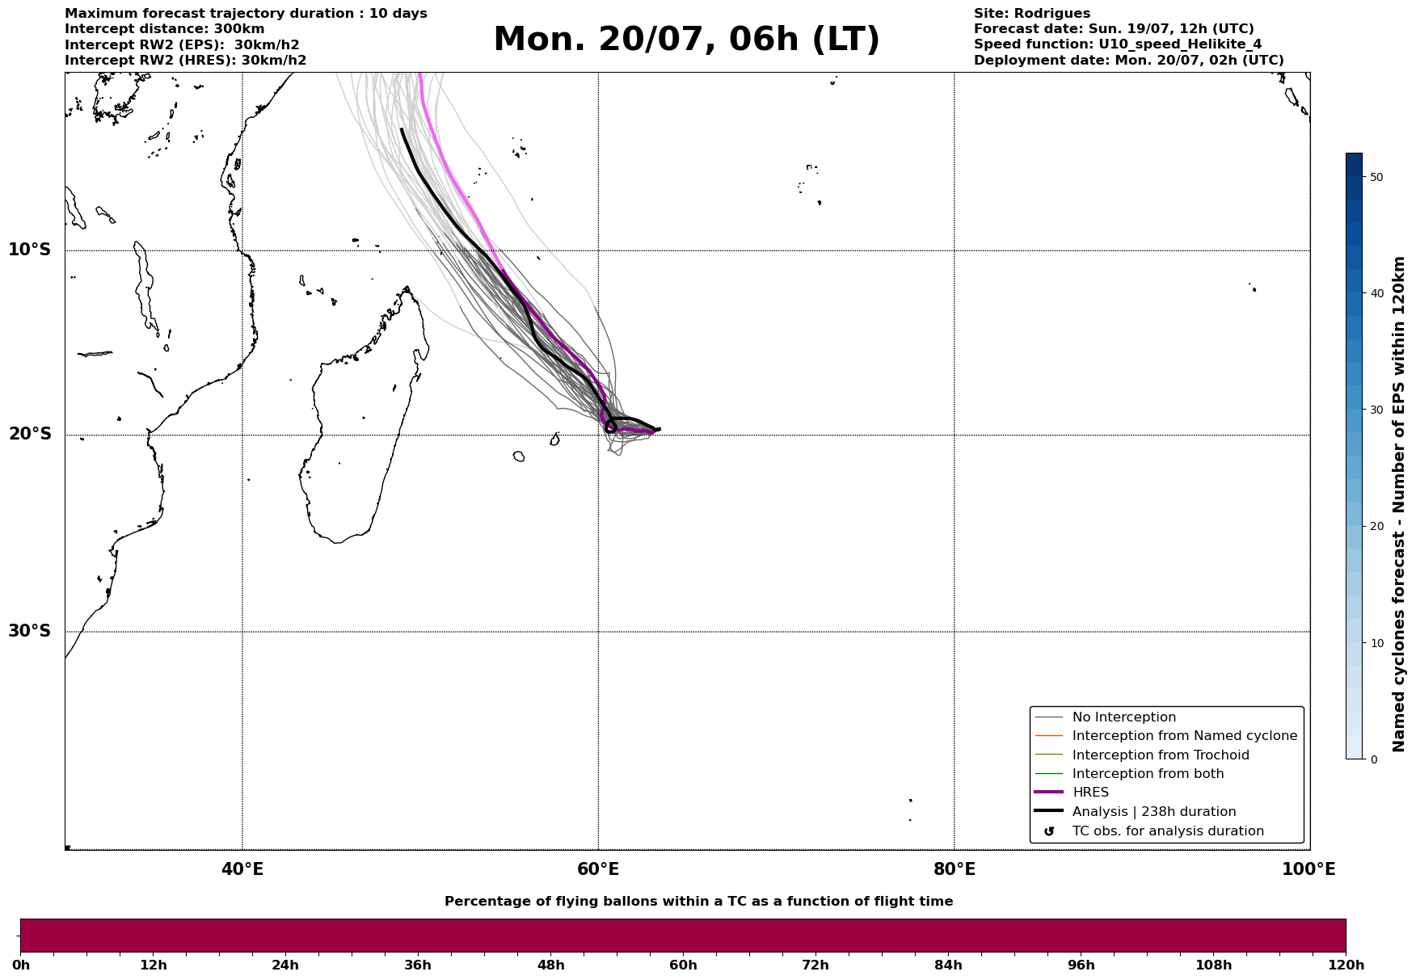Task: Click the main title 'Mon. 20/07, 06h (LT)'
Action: [x=686, y=40]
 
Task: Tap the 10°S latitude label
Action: [x=30, y=250]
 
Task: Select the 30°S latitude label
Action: [x=30, y=631]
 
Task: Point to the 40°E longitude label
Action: [x=242, y=869]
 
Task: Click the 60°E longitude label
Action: [x=598, y=869]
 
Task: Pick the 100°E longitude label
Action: [x=1309, y=869]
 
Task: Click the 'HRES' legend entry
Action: [x=1090, y=793]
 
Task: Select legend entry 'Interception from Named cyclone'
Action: [x=1184, y=736]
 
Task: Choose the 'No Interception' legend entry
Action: [x=1124, y=717]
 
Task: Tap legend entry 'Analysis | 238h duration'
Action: [x=1154, y=812]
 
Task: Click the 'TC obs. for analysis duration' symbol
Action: [x=1049, y=831]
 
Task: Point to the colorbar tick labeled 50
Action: [x=1376, y=177]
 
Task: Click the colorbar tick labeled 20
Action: [x=1376, y=527]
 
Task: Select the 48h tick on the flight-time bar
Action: [x=551, y=965]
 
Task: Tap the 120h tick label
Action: [x=1346, y=965]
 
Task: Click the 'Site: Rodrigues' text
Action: [x=1031, y=14]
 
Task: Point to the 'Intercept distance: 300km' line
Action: [x=164, y=29]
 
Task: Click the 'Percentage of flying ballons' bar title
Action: [x=698, y=902]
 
